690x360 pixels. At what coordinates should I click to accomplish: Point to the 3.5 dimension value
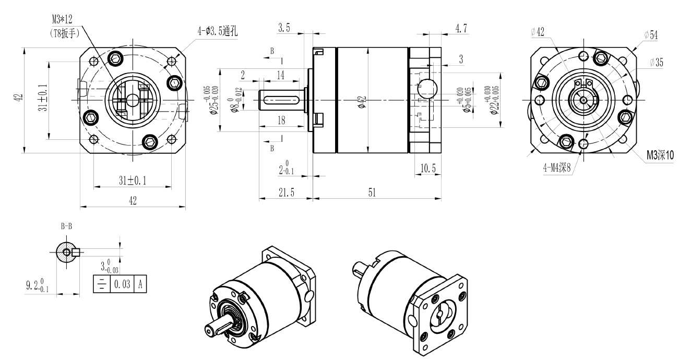284,28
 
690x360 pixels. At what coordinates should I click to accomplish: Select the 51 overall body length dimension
372,193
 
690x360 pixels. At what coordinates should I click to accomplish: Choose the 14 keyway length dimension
280,76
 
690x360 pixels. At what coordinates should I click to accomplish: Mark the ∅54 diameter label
651,34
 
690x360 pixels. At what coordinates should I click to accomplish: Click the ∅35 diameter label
657,63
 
